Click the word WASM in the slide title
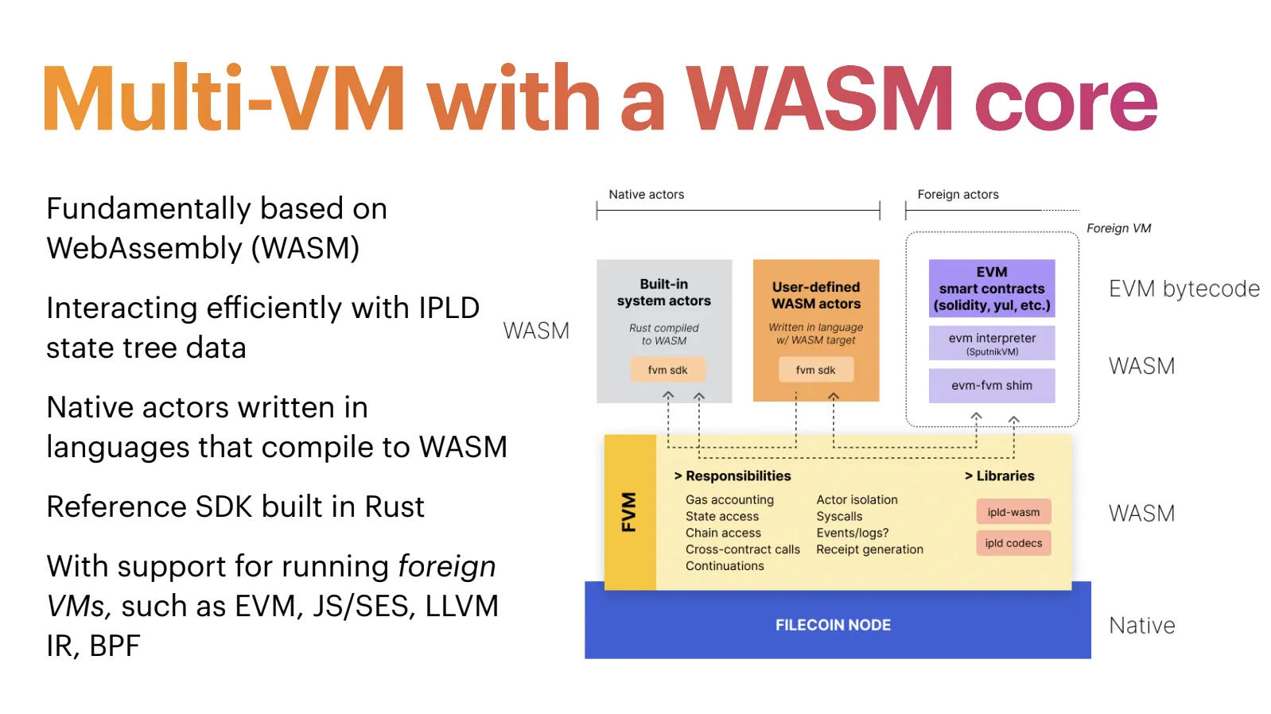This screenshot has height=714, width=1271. coord(819,99)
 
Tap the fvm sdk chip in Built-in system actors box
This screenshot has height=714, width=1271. coord(667,370)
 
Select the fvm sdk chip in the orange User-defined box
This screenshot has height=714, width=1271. coord(815,370)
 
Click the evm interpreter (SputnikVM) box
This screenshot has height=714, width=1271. coord(992,343)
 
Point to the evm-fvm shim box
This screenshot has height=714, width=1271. coord(992,386)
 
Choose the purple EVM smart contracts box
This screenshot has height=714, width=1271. coord(992,289)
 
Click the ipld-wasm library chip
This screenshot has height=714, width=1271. coord(1013,512)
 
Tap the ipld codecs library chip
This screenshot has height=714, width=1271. coord(1013,543)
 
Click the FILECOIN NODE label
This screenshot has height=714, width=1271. coord(833,625)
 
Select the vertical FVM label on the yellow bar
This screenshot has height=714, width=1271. coord(629,512)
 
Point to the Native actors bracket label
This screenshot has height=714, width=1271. coord(646,195)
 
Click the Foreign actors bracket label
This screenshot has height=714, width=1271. coord(958,195)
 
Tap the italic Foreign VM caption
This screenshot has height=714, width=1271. coord(1118,228)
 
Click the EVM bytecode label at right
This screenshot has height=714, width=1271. coord(1184,289)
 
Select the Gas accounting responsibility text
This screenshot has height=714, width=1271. coord(729,499)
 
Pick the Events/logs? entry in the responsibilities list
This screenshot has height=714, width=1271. coord(852,533)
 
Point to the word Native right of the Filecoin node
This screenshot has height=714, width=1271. coord(1141,626)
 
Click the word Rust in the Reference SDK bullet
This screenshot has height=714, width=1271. coord(395,507)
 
